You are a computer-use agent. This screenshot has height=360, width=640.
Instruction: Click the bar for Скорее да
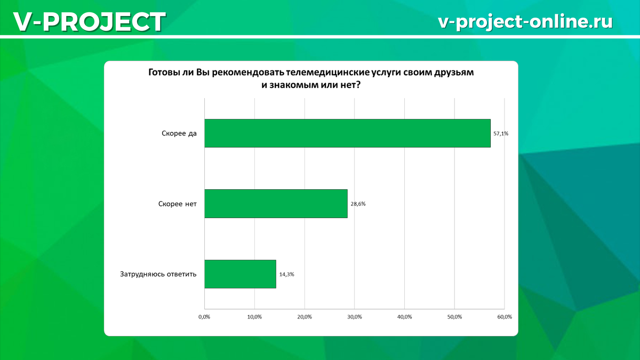click(x=347, y=133)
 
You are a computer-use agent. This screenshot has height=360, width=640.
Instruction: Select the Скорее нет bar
click(x=276, y=204)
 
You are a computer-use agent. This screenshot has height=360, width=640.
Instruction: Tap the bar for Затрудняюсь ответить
click(x=241, y=274)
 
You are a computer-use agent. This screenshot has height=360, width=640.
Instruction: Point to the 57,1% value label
click(x=501, y=133)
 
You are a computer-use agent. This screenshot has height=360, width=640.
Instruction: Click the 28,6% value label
click(x=358, y=204)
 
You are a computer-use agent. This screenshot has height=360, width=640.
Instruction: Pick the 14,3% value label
click(x=286, y=274)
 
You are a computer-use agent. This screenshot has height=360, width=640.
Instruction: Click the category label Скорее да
click(x=179, y=133)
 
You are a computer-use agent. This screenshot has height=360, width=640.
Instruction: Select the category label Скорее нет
click(x=178, y=204)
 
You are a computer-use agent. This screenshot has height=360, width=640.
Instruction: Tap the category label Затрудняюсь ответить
click(x=158, y=274)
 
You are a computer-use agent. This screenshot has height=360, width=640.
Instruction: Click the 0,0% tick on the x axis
click(x=204, y=317)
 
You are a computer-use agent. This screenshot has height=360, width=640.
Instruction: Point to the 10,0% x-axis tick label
click(x=254, y=317)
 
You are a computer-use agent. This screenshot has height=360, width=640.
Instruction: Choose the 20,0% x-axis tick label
click(x=305, y=317)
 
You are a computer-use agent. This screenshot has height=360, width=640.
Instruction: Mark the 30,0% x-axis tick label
click(x=355, y=317)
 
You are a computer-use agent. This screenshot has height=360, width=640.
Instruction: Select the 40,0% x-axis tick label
click(x=405, y=317)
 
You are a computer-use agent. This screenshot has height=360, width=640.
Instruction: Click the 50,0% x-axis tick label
click(x=454, y=317)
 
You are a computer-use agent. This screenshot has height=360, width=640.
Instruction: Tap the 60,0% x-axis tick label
click(x=505, y=317)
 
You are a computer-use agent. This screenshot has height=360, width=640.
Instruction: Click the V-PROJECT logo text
click(x=90, y=22)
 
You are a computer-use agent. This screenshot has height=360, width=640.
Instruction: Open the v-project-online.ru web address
click(x=525, y=21)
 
